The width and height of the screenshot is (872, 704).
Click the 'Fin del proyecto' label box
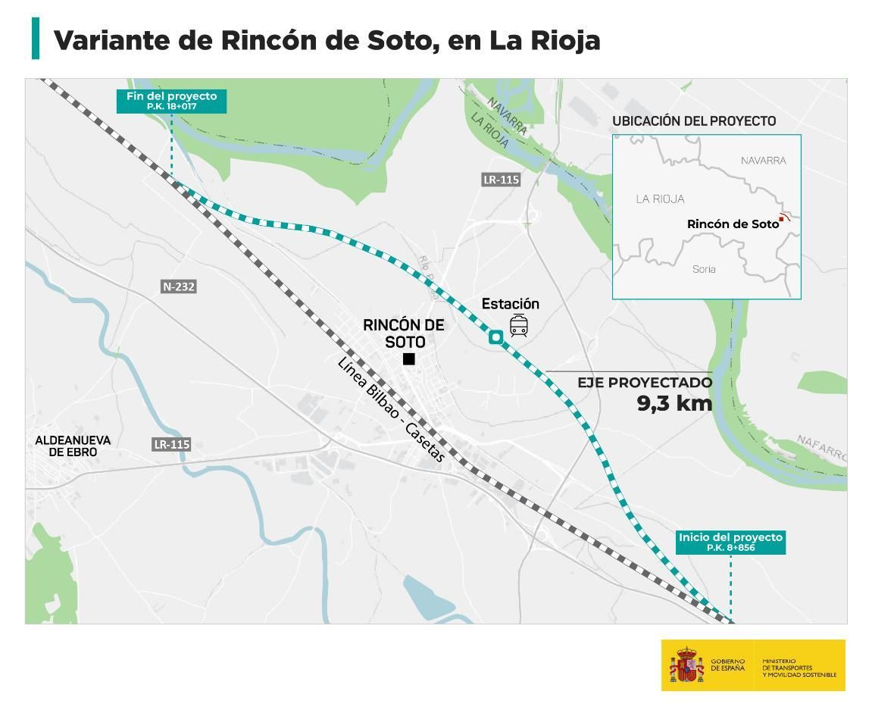click(x=171, y=102)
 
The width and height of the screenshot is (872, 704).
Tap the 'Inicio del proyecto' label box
click(x=730, y=542)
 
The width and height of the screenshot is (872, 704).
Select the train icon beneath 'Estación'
click(x=519, y=326)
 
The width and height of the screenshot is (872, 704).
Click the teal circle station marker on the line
click(x=495, y=337)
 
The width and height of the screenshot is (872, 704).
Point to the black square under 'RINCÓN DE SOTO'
click(x=409, y=359)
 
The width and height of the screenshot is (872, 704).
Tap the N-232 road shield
click(x=179, y=286)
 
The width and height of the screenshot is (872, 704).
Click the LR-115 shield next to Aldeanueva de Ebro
click(x=171, y=444)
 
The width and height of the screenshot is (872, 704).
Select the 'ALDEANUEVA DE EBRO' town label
click(x=73, y=446)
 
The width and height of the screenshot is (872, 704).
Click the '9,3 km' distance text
click(x=674, y=403)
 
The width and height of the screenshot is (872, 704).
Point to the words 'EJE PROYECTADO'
click(x=645, y=383)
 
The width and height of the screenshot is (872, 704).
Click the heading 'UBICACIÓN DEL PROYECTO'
click(x=694, y=121)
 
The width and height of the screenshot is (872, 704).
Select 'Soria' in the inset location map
click(x=704, y=269)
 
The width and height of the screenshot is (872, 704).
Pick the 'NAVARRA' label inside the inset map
click(x=763, y=161)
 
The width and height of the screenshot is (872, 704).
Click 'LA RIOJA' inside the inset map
click(x=660, y=199)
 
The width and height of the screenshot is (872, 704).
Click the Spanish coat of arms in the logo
click(x=686, y=665)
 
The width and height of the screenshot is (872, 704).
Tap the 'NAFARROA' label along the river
click(x=821, y=449)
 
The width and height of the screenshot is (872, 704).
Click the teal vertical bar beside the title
click(x=36, y=39)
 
